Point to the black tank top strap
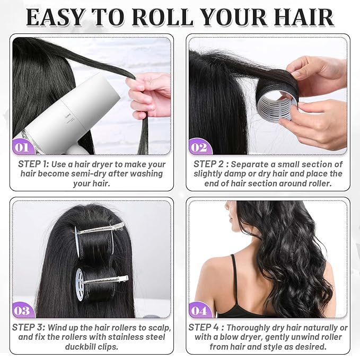click(x=234, y=276)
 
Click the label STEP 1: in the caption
click(x=34, y=164)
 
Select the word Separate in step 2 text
click(x=251, y=164)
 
